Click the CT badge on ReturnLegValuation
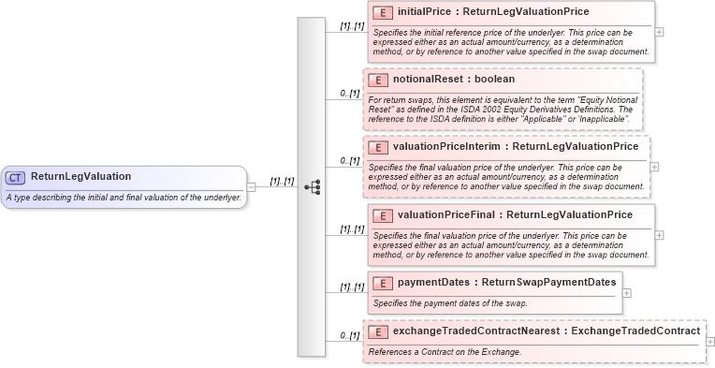[x=16, y=177]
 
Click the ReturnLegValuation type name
[x=80, y=176]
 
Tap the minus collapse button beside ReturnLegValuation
[x=251, y=186]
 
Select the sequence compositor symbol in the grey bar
[x=312, y=186]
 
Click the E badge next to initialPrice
[x=382, y=13]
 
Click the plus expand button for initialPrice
[x=660, y=32]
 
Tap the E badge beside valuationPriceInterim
[x=377, y=147]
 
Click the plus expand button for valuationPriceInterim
[x=654, y=167]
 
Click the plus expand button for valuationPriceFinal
[x=660, y=235]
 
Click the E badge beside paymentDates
[x=382, y=283]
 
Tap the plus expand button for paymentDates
[x=627, y=292]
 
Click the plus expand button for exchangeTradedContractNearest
[x=710, y=342]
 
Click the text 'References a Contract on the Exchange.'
[x=445, y=352]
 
